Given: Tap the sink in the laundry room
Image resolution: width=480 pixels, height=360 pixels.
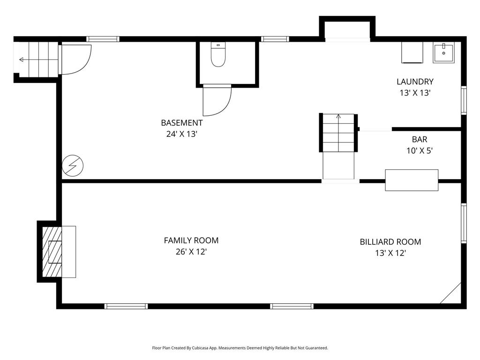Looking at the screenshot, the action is click(443, 52).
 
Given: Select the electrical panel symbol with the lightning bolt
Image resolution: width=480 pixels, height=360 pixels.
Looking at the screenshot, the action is click(73, 165).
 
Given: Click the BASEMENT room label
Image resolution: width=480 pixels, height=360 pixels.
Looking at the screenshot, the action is click(182, 123).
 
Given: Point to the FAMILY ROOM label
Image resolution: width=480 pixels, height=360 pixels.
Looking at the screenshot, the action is click(191, 240).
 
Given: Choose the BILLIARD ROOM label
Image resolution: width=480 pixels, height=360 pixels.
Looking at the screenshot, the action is click(390, 242).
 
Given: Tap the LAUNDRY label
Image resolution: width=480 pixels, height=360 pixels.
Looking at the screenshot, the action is click(415, 82).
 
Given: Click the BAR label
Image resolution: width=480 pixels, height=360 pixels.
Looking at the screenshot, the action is click(420, 140).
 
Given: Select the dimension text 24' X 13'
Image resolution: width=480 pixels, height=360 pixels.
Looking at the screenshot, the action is click(181, 134).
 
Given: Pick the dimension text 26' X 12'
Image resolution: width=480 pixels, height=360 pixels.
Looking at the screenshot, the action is click(191, 252).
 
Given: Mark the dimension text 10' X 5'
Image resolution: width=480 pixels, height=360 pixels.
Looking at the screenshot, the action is click(420, 150).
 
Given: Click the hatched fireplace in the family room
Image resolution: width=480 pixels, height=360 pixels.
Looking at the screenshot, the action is click(52, 252).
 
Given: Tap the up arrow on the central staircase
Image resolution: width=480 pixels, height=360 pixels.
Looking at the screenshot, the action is click(338, 117).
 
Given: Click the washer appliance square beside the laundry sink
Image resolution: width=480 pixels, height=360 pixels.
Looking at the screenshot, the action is click(412, 52).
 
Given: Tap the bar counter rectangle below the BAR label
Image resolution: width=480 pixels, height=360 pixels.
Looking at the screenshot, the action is click(412, 180).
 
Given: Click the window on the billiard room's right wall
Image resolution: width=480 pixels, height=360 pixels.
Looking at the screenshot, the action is click(464, 223).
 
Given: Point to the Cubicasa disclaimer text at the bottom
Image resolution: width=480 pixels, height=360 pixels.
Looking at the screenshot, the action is click(240, 348).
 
